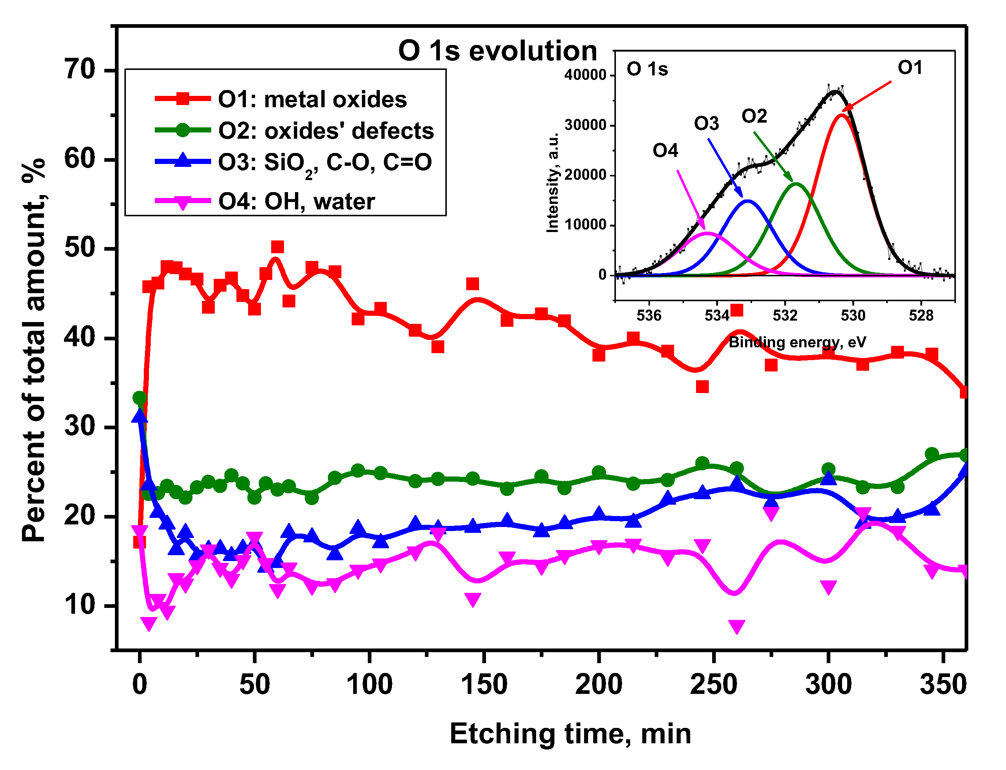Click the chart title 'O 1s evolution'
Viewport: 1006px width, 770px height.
tap(497, 51)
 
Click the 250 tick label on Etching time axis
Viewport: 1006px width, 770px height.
tap(713, 685)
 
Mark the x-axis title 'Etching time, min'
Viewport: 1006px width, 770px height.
tap(570, 734)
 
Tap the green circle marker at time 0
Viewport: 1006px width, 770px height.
tap(140, 398)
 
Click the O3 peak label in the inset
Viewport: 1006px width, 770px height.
tap(706, 124)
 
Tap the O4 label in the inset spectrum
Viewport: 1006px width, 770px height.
tap(665, 150)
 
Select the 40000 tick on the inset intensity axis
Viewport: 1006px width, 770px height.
tap(585, 75)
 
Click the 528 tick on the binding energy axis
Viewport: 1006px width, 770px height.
tap(921, 316)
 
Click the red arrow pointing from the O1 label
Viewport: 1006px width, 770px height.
tap(867, 96)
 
